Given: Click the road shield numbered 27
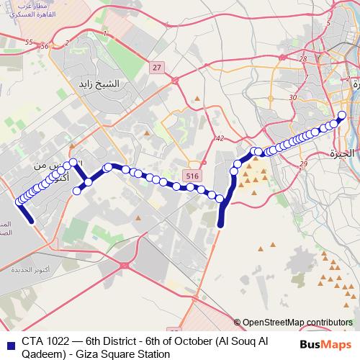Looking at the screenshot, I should point(157,66).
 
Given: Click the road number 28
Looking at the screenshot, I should point(303,59).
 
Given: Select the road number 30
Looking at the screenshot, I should point(292,97).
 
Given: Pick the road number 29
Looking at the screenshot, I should point(303,165).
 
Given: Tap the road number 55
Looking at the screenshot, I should point(29,42).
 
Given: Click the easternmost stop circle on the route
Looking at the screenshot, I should point(342,115).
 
